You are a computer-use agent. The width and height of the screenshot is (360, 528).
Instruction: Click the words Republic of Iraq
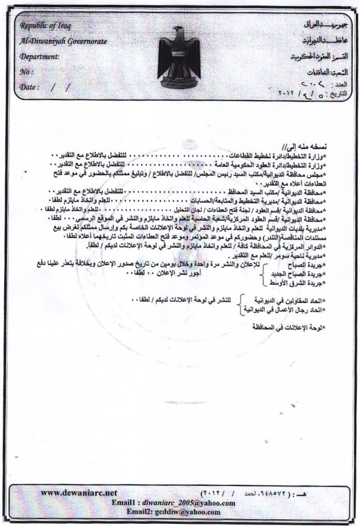tap(43, 25)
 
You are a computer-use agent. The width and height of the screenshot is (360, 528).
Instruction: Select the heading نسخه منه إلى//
tap(328, 146)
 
